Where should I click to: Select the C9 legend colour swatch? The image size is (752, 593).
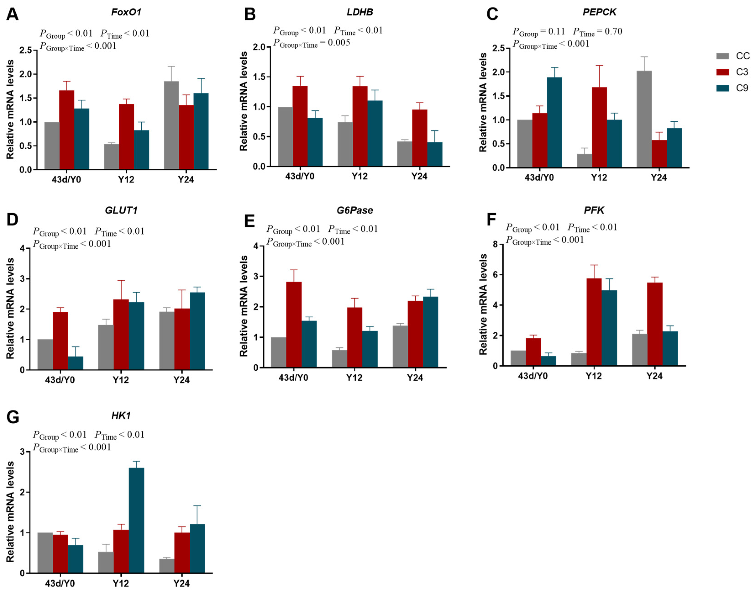[723, 88]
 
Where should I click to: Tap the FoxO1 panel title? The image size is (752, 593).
[126, 12]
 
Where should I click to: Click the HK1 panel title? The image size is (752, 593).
[121, 416]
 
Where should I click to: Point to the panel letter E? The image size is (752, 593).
[249, 221]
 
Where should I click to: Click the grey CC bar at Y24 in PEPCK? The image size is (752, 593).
[644, 119]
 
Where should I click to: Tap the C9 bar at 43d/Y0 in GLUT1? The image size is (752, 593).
[76, 363]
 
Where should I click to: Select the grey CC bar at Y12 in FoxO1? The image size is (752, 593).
[111, 157]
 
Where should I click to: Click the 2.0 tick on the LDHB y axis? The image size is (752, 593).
[259, 47]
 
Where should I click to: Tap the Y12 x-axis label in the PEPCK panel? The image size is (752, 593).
[599, 178]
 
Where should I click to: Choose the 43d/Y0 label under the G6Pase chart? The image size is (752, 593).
[293, 377]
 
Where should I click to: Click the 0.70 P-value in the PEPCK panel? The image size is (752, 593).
[613, 31]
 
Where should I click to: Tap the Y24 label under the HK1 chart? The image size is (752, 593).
[181, 583]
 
